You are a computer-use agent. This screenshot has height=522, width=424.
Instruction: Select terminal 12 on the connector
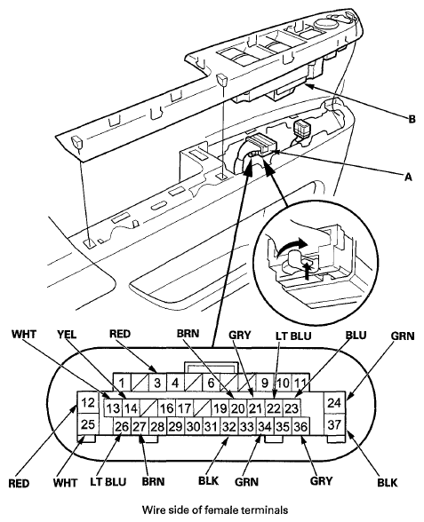point(88,402)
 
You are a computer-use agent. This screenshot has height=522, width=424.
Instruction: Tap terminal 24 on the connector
point(334,402)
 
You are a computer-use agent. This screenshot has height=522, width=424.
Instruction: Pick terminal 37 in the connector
point(334,424)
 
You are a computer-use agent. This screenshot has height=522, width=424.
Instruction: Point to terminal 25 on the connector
point(88,424)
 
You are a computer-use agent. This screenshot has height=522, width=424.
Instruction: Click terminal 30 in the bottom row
point(194,426)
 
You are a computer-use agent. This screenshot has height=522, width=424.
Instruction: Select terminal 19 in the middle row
point(220,407)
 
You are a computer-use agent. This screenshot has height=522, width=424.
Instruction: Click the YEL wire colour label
point(67,334)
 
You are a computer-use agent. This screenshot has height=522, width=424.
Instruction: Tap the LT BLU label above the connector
point(293,336)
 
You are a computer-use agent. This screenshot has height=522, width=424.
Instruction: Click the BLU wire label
point(356,335)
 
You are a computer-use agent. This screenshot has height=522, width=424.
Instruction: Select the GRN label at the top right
point(403,336)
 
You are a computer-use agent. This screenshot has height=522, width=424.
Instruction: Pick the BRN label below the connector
point(153,481)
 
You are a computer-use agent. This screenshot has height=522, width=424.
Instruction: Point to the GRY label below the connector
point(322,481)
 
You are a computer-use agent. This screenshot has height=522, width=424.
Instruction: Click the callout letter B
point(412,119)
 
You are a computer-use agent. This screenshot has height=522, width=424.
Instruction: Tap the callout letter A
point(408,177)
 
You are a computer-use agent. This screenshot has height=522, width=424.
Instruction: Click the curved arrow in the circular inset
point(291,245)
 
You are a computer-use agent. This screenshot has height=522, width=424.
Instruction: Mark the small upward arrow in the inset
point(307,269)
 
